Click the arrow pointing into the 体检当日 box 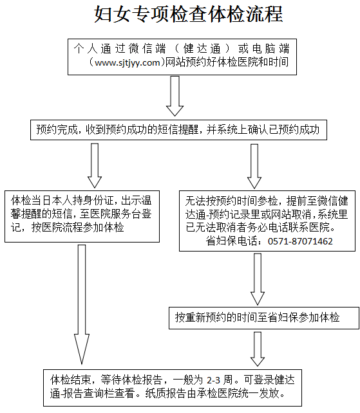pyautogui.click(x=95, y=164)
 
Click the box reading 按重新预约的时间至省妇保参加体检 pyautogui.click(x=258, y=317)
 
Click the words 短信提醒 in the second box pyautogui.click(x=183, y=130)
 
